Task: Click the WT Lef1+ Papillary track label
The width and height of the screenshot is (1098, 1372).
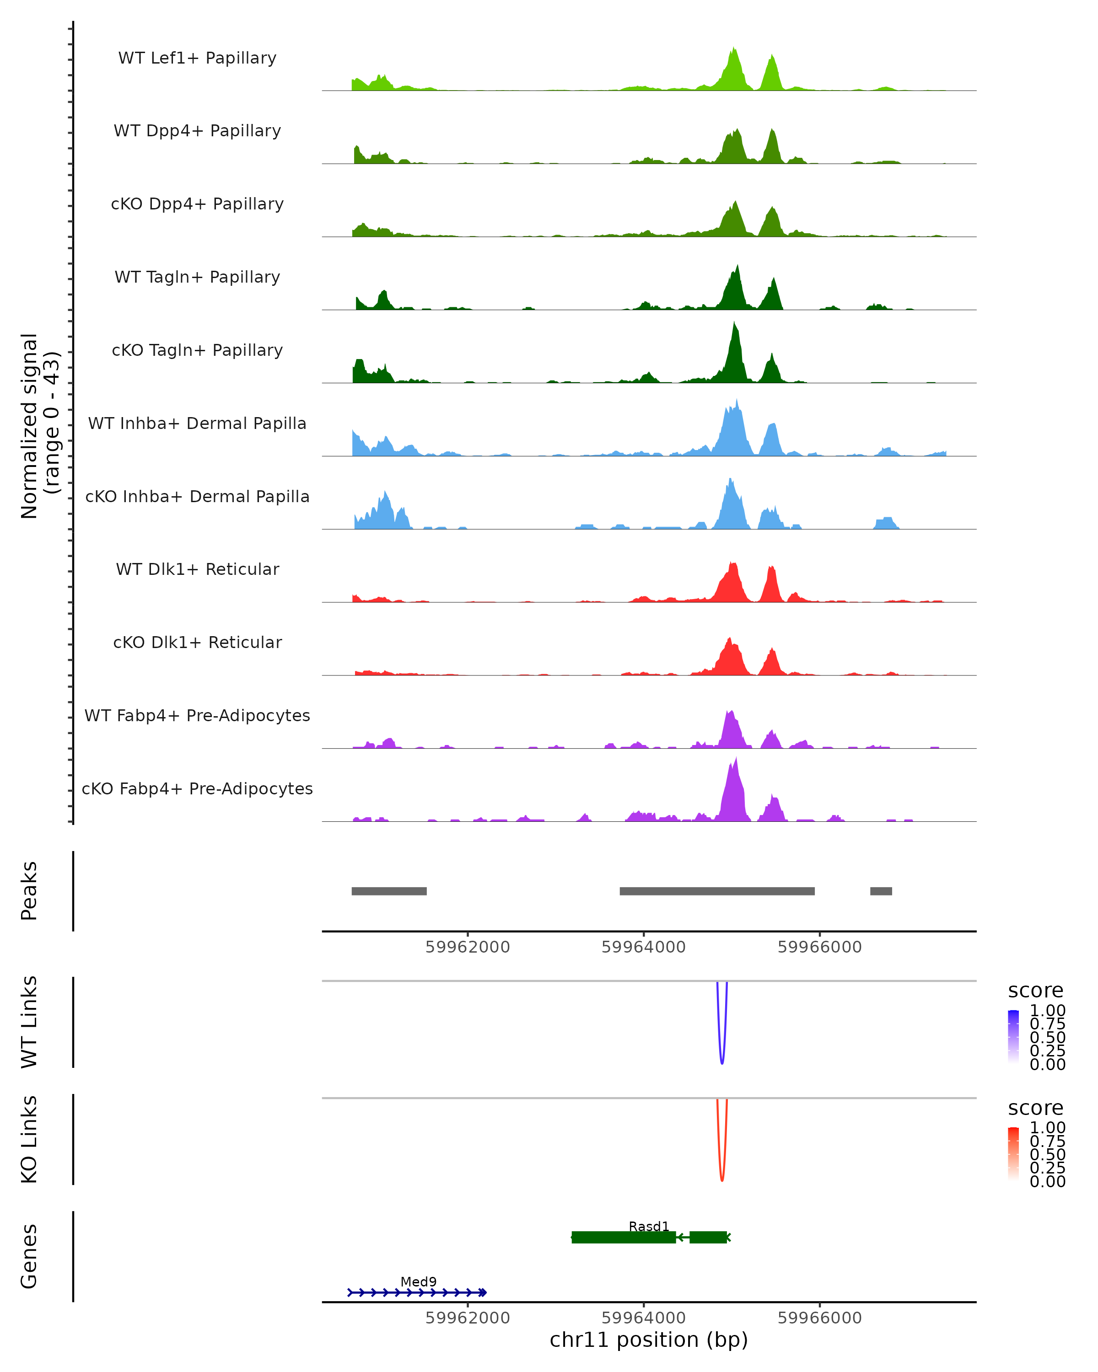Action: pyautogui.click(x=197, y=58)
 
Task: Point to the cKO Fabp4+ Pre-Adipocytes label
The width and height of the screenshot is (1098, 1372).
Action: pyautogui.click(x=197, y=788)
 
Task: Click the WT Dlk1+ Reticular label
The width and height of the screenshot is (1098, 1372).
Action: pyautogui.click(x=197, y=569)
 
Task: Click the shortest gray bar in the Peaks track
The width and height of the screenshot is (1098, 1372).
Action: pyautogui.click(x=881, y=891)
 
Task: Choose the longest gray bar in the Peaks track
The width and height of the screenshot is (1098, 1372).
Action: pyautogui.click(x=717, y=891)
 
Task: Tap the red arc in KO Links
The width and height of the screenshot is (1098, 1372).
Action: pyautogui.click(x=722, y=1179)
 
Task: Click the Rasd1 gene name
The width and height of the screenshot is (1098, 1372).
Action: pyautogui.click(x=649, y=1226)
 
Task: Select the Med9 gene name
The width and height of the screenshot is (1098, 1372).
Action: pyautogui.click(x=418, y=1281)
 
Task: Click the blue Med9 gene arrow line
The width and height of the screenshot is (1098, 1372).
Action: pyautogui.click(x=417, y=1292)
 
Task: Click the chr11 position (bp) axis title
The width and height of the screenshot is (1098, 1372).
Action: pyautogui.click(x=649, y=1340)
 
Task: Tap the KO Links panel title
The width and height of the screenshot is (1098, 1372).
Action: pyautogui.click(x=29, y=1139)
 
